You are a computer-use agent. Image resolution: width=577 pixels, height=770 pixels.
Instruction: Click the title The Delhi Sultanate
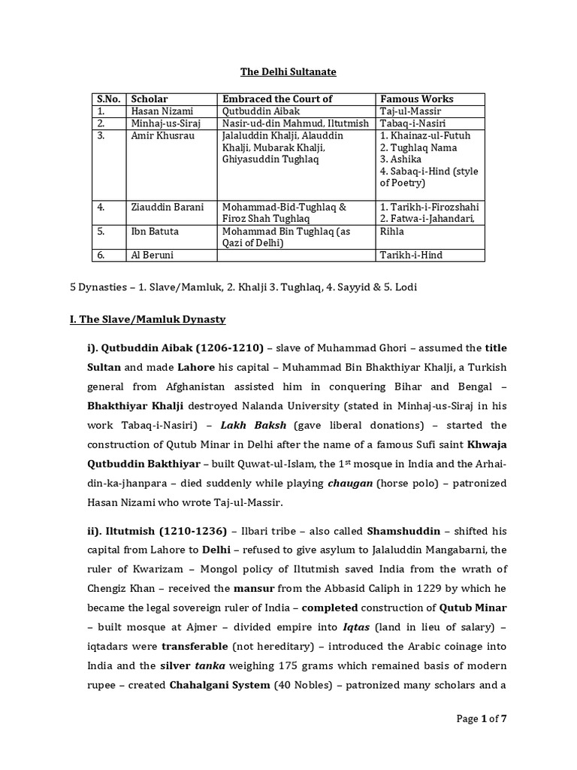(288, 71)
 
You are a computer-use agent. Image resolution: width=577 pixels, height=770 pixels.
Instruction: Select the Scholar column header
(150, 99)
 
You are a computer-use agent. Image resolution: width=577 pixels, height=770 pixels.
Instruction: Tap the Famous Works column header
(417, 99)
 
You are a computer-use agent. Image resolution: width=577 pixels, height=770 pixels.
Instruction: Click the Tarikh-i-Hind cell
(412, 256)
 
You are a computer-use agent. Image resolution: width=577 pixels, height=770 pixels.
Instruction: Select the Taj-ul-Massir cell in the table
(410, 111)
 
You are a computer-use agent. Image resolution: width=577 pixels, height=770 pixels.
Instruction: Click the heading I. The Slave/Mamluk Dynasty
(147, 320)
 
